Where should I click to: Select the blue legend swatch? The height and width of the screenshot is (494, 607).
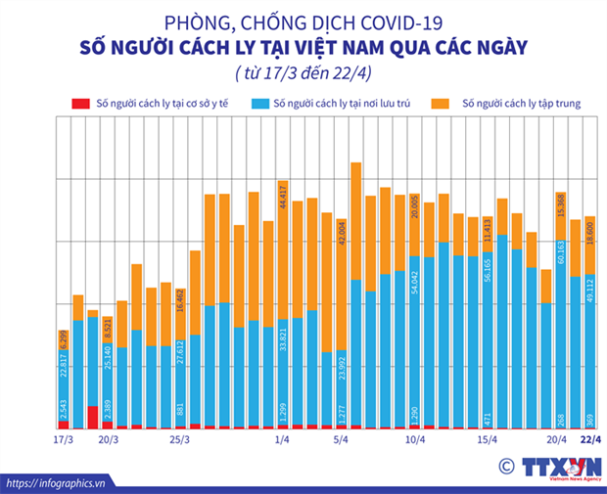pos(259,103)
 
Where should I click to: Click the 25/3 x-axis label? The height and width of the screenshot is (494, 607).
pos(180,439)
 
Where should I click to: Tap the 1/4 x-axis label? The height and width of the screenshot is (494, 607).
pos(282,439)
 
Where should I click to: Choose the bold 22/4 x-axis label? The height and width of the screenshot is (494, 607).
pos(590,439)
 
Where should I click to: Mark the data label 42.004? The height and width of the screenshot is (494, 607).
pos(342,240)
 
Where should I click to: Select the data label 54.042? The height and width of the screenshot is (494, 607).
pos(415,277)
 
